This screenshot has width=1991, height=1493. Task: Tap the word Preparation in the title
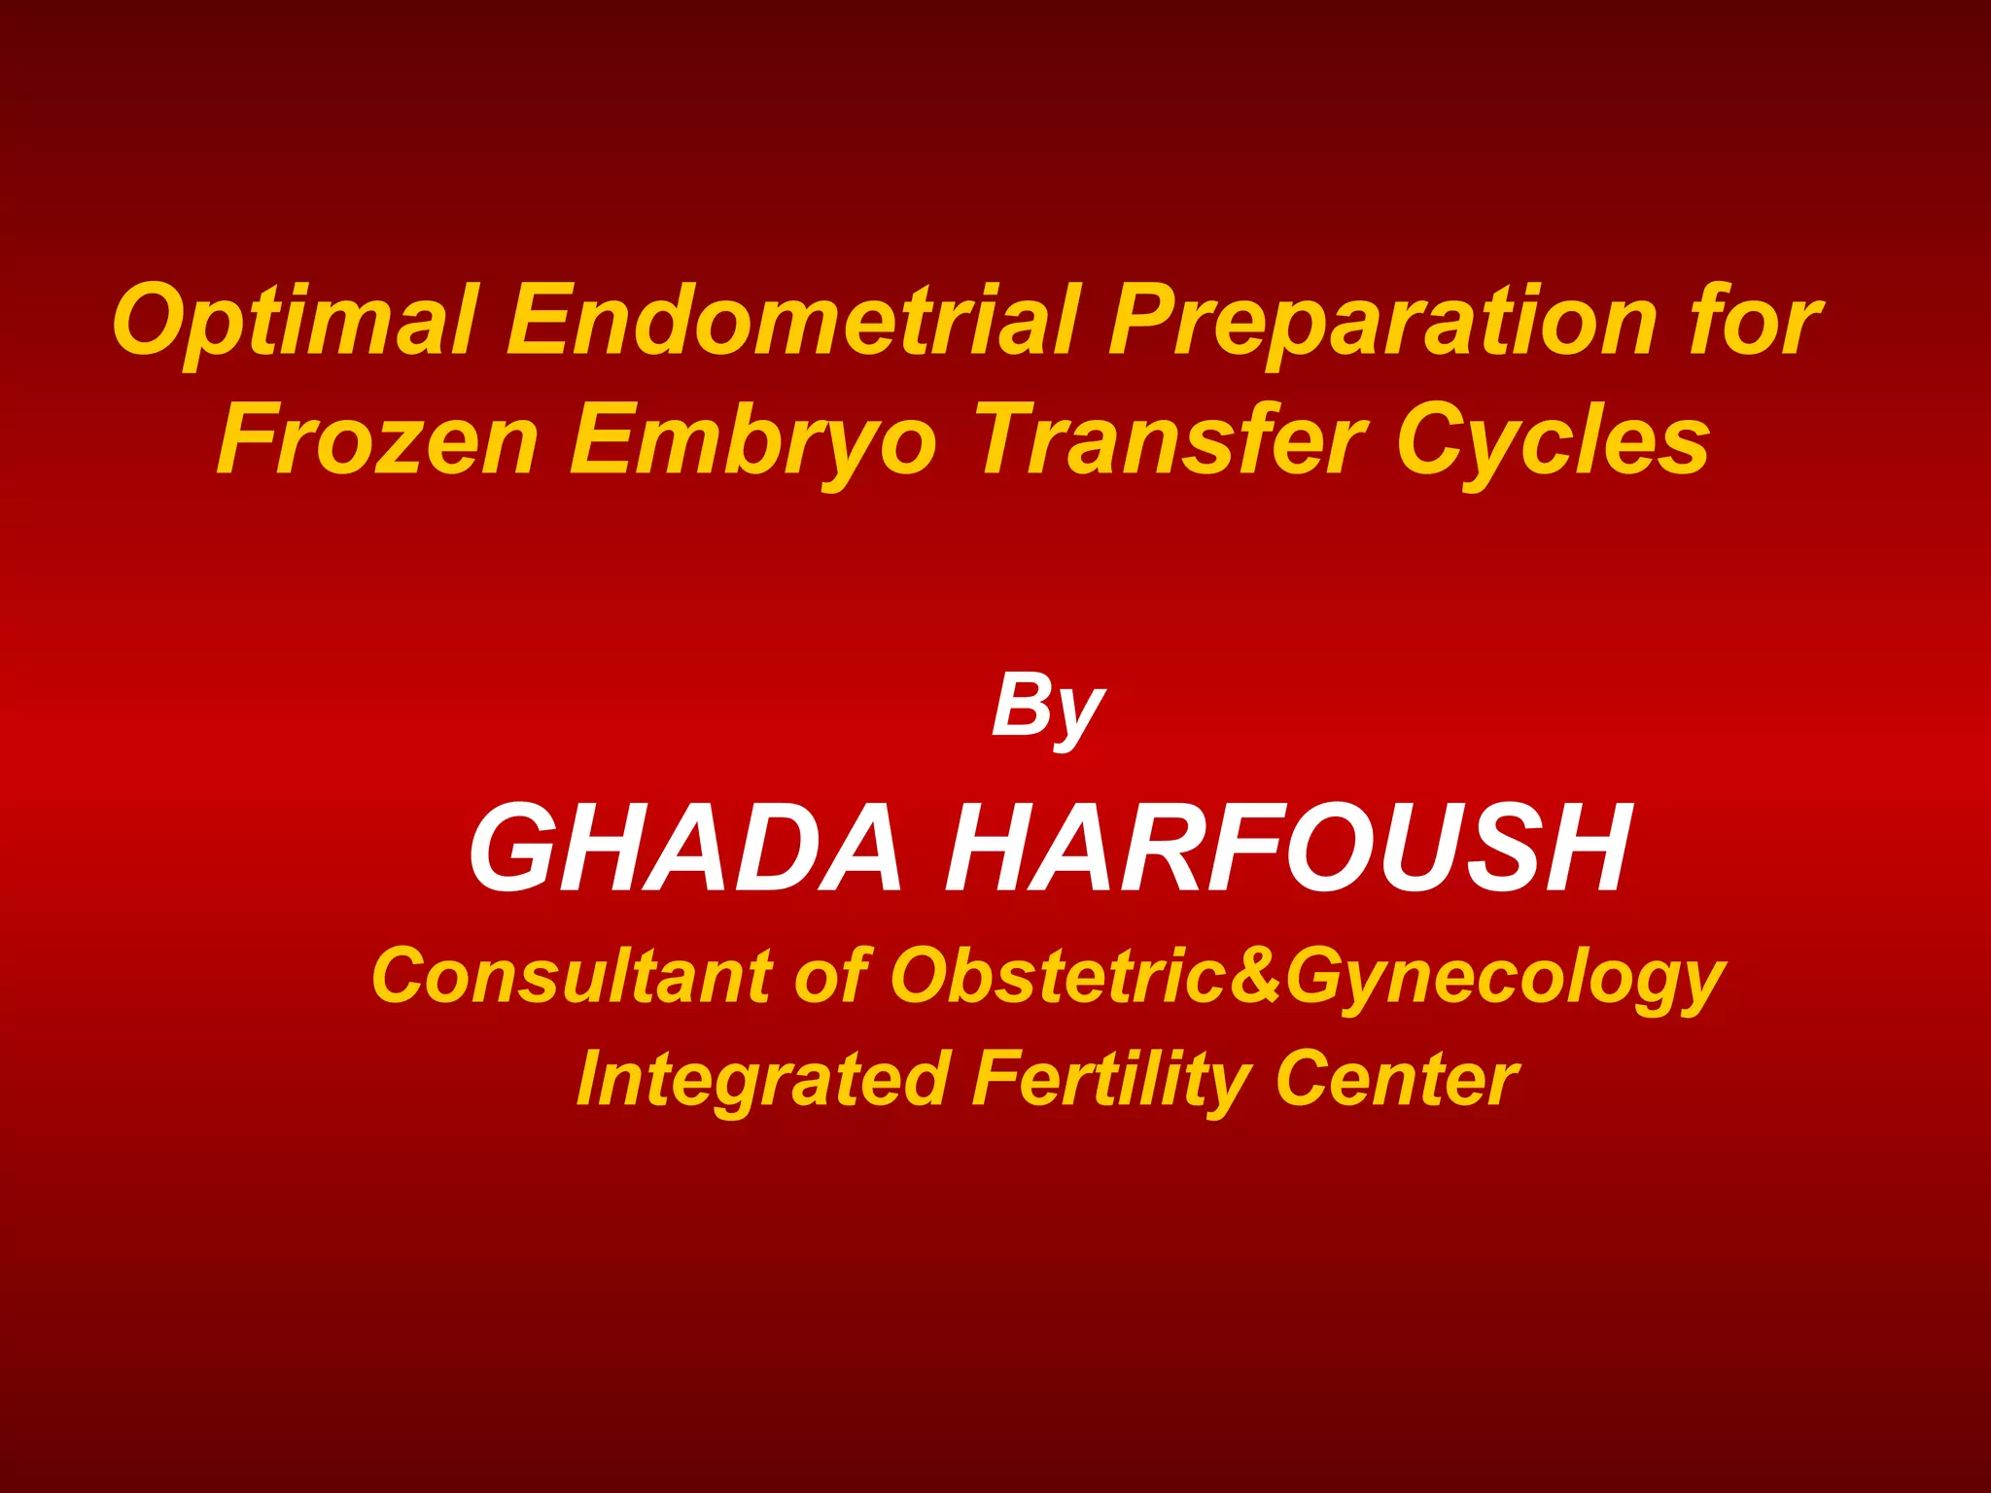tap(1381, 321)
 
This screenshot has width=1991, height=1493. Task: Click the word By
tap(1048, 710)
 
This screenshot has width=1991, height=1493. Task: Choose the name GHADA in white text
tap(686, 848)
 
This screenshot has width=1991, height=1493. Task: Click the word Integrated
tap(763, 1079)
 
